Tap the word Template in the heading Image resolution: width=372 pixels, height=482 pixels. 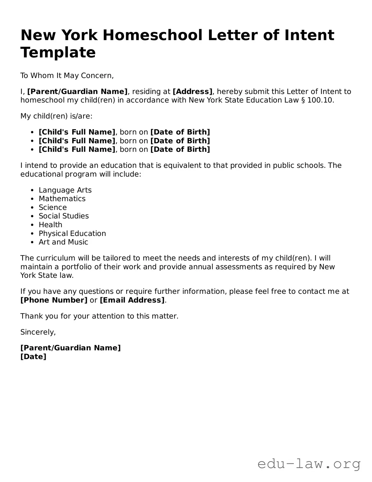click(58, 52)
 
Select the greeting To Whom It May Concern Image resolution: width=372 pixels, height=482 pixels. click(67, 75)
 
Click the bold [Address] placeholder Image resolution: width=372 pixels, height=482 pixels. click(192, 92)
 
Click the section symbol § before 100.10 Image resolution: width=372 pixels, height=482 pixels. click(303, 100)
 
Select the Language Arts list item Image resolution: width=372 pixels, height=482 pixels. click(65, 190)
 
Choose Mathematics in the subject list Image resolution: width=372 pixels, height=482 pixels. click(62, 199)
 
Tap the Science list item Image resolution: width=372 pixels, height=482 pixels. click(53, 208)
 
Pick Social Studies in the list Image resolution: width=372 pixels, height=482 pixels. click(64, 216)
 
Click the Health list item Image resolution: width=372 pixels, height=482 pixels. click(51, 225)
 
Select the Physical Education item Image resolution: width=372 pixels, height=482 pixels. click(72, 233)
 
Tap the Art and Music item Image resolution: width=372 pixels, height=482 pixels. click(63, 242)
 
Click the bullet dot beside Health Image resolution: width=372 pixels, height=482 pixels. click(33, 225)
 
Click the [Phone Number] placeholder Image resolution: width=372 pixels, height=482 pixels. click(54, 300)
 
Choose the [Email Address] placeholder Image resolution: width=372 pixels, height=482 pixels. click(132, 300)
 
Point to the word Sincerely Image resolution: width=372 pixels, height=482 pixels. click(38, 332)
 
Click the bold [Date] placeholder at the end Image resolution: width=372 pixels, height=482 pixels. click(33, 357)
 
